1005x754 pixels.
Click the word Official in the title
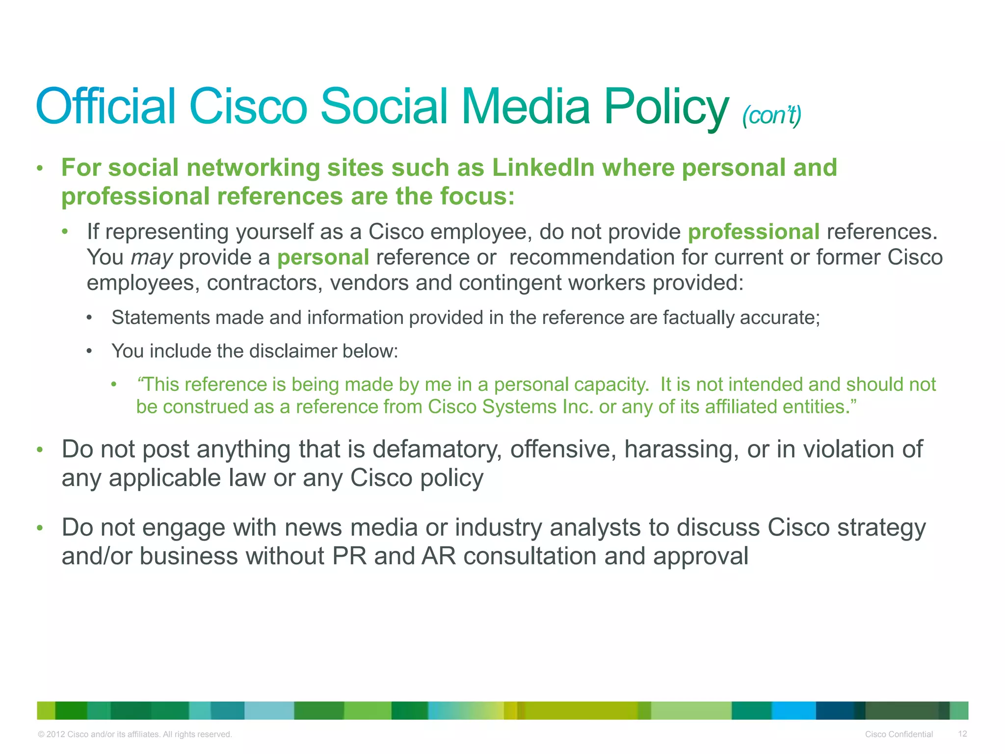[x=106, y=106]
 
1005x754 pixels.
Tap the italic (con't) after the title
[x=771, y=116]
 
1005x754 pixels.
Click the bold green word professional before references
[x=753, y=232]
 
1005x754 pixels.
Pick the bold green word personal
[x=323, y=258]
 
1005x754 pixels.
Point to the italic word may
[x=151, y=258]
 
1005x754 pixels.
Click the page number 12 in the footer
[x=962, y=733]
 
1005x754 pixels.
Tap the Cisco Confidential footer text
[x=899, y=734]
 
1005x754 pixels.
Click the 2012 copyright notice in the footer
[x=134, y=734]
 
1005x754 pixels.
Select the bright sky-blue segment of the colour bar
[x=793, y=710]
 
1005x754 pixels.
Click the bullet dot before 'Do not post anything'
[x=40, y=450]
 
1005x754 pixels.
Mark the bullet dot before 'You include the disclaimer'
[x=89, y=351]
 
